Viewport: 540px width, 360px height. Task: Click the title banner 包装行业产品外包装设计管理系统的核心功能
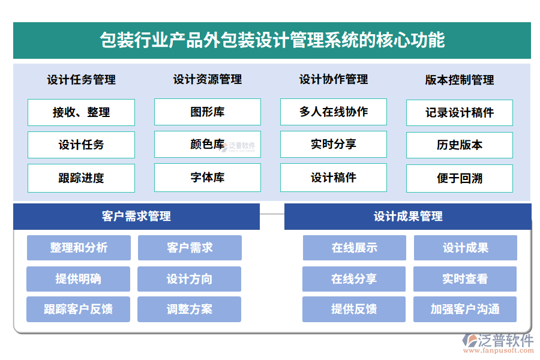click(x=272, y=40)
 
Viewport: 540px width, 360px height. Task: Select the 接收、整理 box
click(x=81, y=112)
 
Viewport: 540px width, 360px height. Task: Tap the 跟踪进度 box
click(x=81, y=178)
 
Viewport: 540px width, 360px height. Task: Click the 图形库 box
click(x=208, y=112)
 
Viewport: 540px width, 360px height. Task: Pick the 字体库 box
click(x=208, y=178)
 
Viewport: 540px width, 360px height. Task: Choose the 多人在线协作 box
click(x=334, y=112)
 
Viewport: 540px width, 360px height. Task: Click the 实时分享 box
click(x=334, y=145)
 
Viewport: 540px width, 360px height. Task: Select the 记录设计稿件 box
click(x=460, y=113)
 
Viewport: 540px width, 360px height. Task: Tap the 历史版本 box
click(x=460, y=145)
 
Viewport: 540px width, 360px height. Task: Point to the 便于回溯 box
click(x=460, y=178)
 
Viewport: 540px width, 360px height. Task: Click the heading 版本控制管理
click(x=460, y=80)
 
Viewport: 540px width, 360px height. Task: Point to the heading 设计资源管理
click(x=208, y=79)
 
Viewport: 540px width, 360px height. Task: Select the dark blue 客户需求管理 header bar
click(x=136, y=217)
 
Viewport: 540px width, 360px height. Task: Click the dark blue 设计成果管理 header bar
click(x=408, y=217)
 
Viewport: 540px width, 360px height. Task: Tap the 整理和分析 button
click(x=79, y=248)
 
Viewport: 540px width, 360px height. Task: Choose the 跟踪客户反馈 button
click(x=78, y=310)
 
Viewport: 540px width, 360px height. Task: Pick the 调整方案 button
click(x=189, y=310)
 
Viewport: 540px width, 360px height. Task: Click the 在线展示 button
click(x=354, y=248)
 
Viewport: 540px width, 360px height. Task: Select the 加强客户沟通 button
click(x=465, y=310)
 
